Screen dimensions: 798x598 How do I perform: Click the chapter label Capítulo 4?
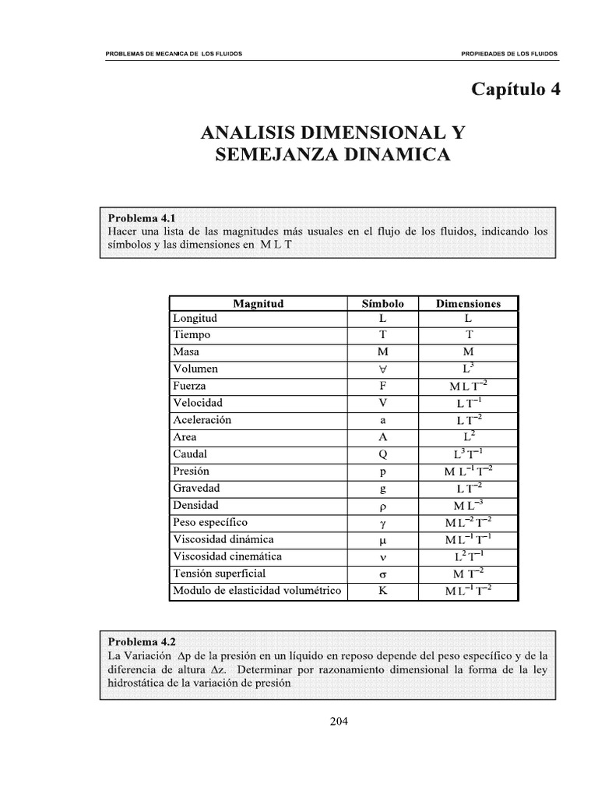(515, 89)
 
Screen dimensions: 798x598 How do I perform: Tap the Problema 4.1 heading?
(142, 218)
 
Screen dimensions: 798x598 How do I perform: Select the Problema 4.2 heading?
(142, 642)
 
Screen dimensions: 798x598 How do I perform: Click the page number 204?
(339, 721)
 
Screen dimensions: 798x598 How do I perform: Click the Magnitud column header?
(259, 303)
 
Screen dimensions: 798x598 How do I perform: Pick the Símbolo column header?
(382, 303)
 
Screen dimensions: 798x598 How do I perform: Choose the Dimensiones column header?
(468, 303)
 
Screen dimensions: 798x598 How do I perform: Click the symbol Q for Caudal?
(382, 454)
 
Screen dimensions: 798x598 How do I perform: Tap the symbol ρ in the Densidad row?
(382, 506)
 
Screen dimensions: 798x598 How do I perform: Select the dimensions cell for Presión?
(468, 471)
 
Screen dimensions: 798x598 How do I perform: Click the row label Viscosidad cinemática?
(227, 556)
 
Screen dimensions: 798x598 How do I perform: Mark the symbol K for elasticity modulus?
(382, 591)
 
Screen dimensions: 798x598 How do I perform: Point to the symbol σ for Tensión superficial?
(382, 574)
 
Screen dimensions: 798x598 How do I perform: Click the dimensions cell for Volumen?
(468, 368)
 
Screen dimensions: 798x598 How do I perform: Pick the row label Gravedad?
(196, 489)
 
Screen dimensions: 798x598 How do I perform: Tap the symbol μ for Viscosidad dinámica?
(382, 540)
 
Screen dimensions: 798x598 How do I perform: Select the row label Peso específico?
(209, 522)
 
